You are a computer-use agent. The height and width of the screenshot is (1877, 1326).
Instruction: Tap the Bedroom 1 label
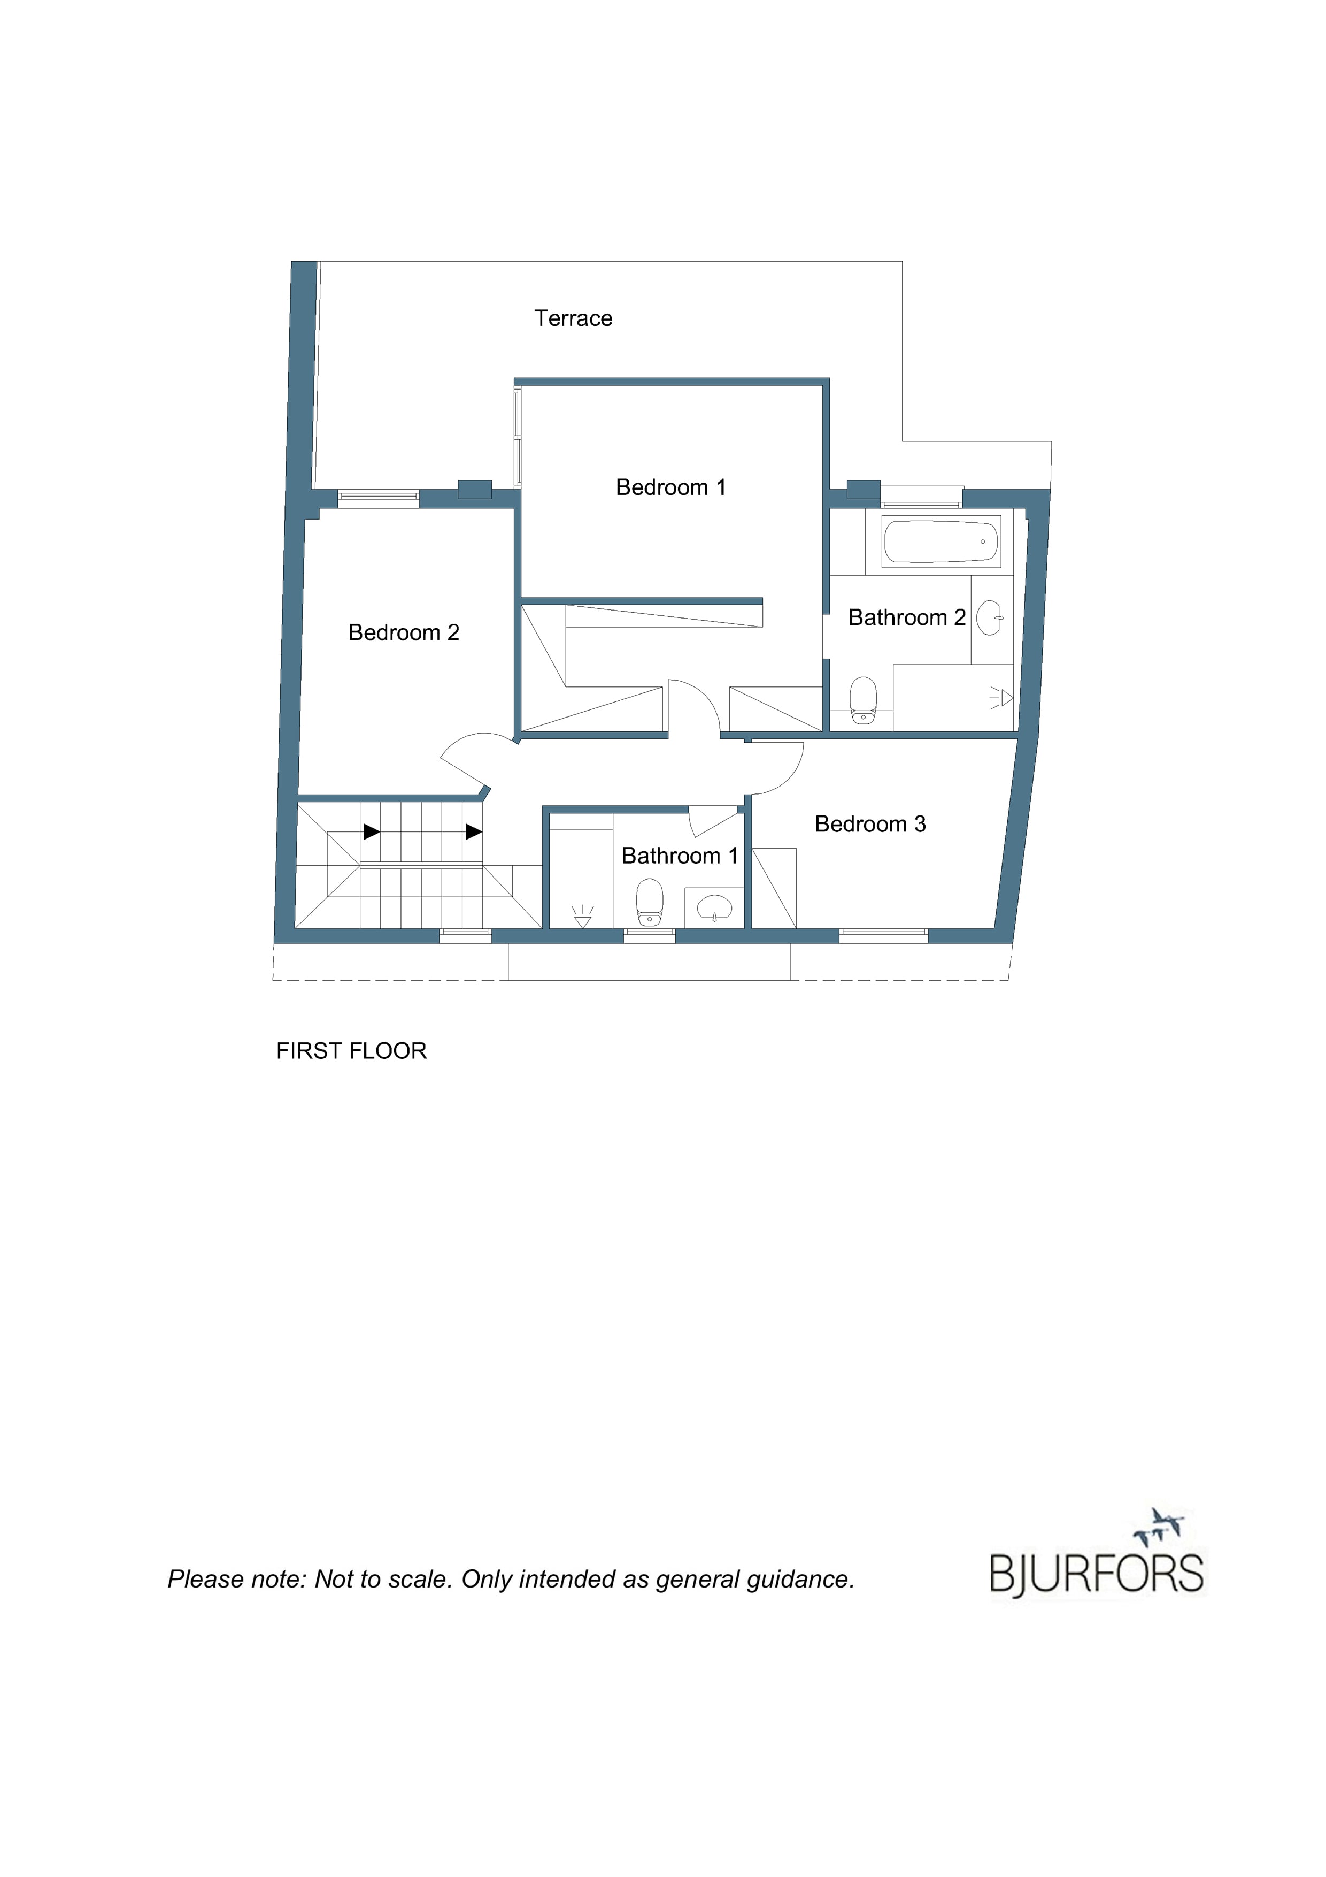tap(671, 487)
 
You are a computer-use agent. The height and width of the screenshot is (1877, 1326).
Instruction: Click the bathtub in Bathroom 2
tap(941, 542)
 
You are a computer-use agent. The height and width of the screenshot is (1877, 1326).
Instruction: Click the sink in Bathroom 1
tap(715, 906)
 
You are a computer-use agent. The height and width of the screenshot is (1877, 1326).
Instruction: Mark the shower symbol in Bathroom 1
tap(582, 917)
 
